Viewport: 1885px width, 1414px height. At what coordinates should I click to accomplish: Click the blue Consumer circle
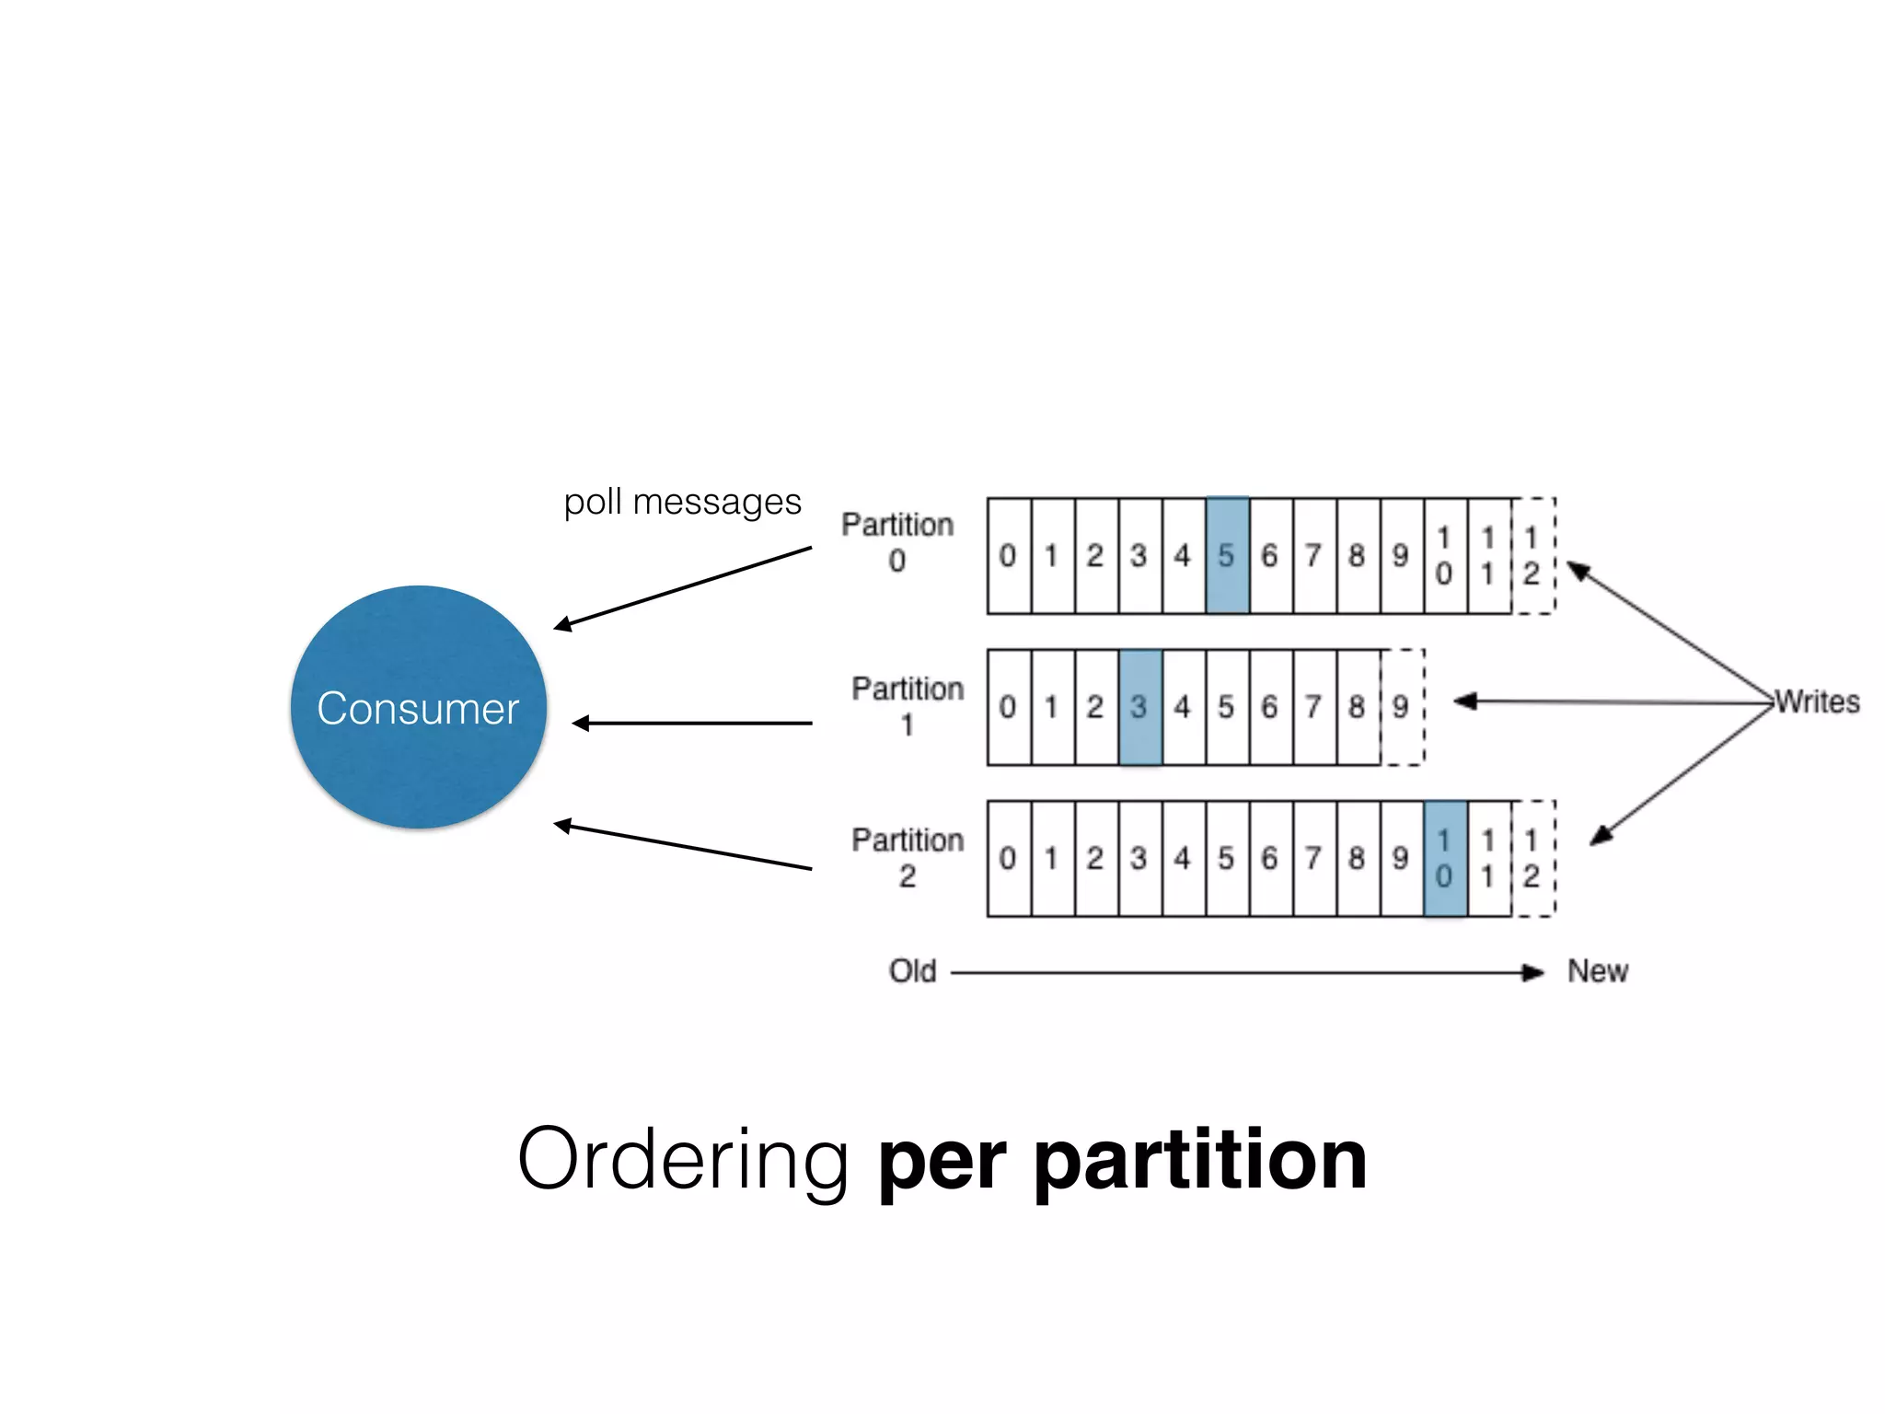point(419,707)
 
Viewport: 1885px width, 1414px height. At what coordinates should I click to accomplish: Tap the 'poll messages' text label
point(682,503)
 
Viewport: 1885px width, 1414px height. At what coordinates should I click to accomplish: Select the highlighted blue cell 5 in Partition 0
point(1227,555)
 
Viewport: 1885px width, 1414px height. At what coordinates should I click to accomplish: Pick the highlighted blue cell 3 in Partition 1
point(1139,707)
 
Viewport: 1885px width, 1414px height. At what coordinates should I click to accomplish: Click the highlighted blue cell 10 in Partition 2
point(1444,858)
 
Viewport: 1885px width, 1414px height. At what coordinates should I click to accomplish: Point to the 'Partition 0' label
point(897,541)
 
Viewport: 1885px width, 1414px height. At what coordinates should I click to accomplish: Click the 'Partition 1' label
point(908,706)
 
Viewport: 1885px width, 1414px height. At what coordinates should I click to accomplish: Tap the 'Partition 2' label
point(908,857)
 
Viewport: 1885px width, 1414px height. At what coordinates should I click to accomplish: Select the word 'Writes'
point(1818,702)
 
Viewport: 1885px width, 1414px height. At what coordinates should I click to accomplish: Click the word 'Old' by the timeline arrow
point(912,971)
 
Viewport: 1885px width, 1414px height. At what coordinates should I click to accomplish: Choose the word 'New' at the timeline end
point(1598,971)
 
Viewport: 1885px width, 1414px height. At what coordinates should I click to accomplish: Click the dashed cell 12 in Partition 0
point(1532,555)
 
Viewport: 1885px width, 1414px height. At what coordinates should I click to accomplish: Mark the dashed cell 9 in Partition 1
point(1402,707)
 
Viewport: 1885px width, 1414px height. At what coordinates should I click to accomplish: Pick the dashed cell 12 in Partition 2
point(1532,858)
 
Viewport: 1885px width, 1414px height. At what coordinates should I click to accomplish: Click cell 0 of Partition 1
point(1009,707)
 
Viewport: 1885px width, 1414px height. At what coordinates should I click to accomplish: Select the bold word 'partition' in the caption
point(1201,1160)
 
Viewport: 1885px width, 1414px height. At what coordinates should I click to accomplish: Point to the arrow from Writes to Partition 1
point(1611,702)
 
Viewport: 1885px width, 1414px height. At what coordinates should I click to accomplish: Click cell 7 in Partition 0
point(1313,555)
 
